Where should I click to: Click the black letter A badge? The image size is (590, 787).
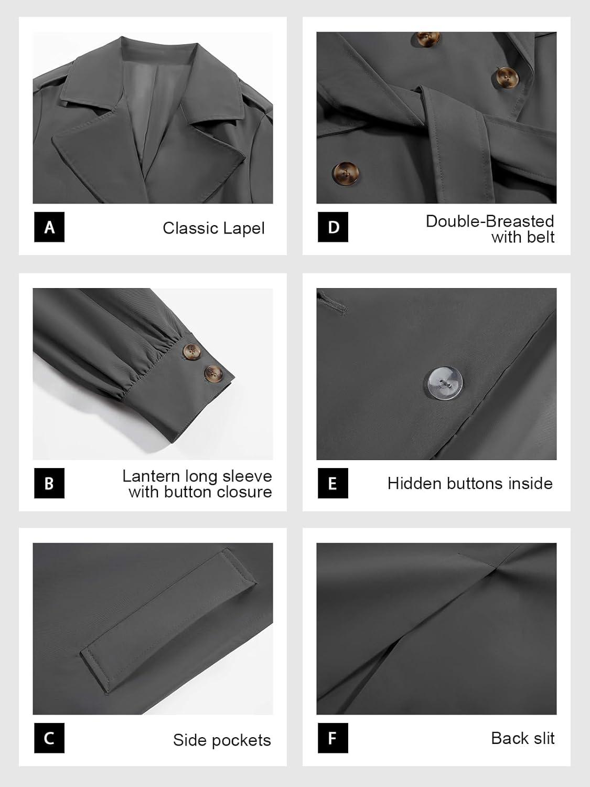tap(49, 227)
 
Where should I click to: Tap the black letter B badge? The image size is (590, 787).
tap(49, 483)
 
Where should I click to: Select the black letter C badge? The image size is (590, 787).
tap(49, 738)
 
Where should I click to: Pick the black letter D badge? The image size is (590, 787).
tap(333, 227)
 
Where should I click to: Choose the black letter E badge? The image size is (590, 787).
tap(333, 483)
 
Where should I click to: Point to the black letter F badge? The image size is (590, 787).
tap(333, 738)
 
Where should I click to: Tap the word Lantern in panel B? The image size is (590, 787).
tap(151, 476)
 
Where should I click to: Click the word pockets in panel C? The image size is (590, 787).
tap(241, 740)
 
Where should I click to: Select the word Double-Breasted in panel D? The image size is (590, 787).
tap(490, 221)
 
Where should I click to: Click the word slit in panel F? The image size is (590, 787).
tap(544, 738)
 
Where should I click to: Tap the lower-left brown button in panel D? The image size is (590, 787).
tap(346, 174)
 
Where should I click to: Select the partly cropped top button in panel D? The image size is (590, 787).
tap(428, 38)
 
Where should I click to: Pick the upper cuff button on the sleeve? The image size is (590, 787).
tap(191, 352)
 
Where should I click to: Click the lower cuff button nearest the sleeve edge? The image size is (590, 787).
tap(213, 374)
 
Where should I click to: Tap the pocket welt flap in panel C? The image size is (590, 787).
tap(168, 620)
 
